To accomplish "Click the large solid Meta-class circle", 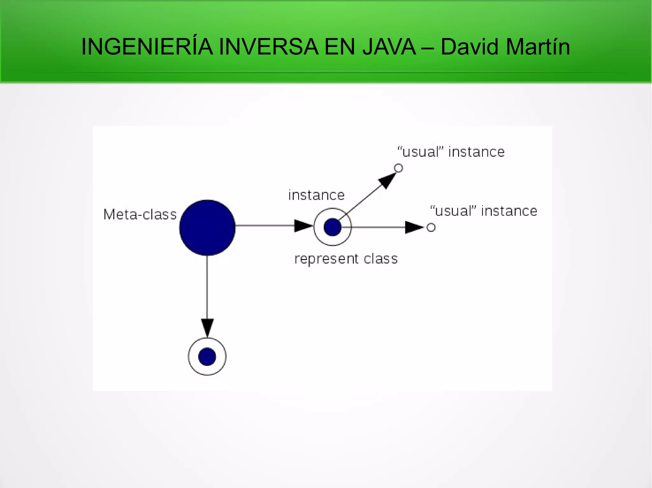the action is (x=207, y=228).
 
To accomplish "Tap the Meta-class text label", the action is (x=140, y=215).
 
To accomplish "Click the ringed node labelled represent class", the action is (x=333, y=227).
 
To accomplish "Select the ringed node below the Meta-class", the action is (x=207, y=356).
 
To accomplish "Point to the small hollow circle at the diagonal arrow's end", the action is (x=399, y=168).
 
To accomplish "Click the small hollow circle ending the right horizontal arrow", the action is (x=431, y=227).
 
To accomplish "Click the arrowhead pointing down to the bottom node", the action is (x=207, y=327).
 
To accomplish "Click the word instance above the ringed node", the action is (x=316, y=195).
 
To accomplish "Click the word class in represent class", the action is (x=381, y=259).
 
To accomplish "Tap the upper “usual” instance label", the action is (x=451, y=152).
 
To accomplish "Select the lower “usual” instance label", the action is (x=484, y=211).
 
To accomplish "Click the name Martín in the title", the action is (x=538, y=47).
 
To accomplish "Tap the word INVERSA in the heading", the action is (x=269, y=47).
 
